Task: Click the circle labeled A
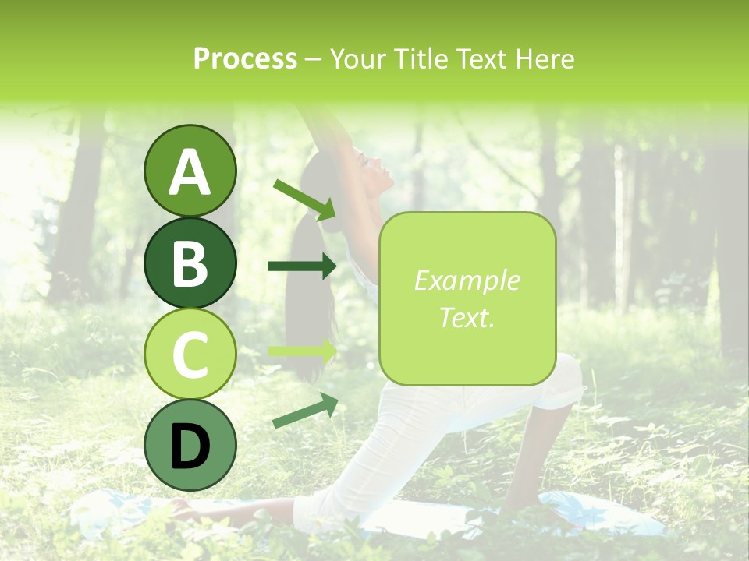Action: [x=190, y=171]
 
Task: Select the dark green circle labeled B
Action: [x=190, y=263]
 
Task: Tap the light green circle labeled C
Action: [x=190, y=355]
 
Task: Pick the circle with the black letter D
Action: [x=190, y=445]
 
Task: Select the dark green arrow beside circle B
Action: [x=302, y=266]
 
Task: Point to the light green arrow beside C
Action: [x=303, y=351]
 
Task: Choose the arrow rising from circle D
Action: [x=305, y=411]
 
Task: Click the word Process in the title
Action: [x=245, y=58]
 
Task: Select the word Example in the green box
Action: [x=467, y=280]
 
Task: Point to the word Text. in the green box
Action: [x=467, y=317]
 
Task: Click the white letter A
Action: [x=190, y=172]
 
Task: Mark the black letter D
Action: [x=190, y=446]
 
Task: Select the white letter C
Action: [x=190, y=355]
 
